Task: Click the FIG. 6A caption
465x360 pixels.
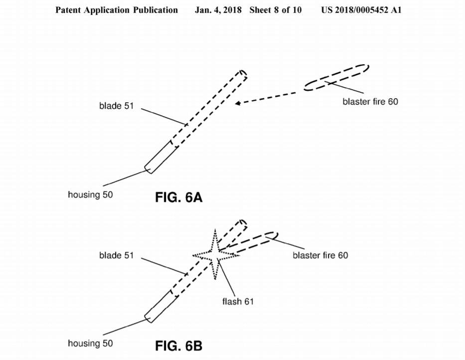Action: [178, 197]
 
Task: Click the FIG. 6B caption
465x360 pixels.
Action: [178, 346]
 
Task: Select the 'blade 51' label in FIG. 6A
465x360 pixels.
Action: [116, 106]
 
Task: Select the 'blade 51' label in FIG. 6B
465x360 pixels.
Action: [116, 255]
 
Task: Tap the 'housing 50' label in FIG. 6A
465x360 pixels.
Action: [90, 194]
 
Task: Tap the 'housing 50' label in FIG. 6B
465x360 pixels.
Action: [90, 344]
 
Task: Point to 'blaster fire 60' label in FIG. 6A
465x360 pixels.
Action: [370, 102]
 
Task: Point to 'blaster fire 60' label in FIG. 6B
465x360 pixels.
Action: [320, 255]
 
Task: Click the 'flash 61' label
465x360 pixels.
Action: [238, 302]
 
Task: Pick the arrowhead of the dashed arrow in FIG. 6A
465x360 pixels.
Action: [238, 103]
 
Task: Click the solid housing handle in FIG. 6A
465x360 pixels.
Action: [160, 157]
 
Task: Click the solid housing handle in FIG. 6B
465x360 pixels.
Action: [160, 307]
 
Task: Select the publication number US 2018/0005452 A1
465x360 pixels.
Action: [361, 10]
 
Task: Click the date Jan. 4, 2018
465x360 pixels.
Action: [218, 10]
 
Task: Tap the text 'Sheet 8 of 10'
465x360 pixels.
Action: [276, 10]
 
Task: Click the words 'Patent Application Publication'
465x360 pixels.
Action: [117, 10]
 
